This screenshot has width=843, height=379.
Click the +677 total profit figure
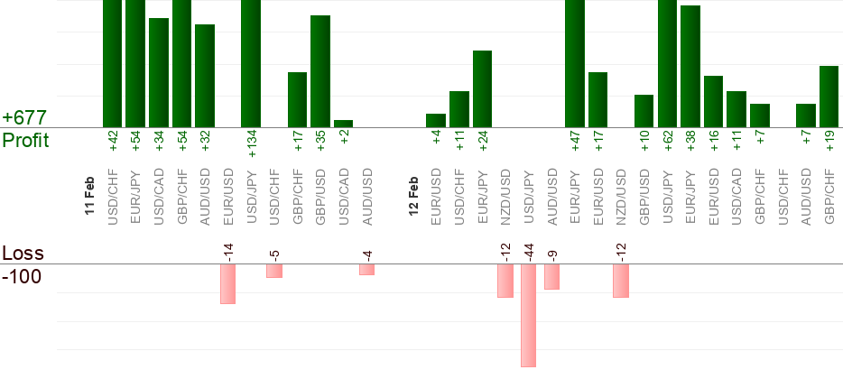24,118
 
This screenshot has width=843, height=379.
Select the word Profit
25,141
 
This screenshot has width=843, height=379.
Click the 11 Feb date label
89,195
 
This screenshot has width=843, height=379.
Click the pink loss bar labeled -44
528,315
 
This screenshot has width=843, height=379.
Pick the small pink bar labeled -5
274,271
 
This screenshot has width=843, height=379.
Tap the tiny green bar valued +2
343,124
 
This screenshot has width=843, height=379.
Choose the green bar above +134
251,63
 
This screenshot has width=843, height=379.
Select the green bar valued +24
482,88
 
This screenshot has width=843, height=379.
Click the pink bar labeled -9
551,276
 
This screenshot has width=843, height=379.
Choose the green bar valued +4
436,120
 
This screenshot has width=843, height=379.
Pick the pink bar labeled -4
366,269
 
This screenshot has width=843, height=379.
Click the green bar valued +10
644,111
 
